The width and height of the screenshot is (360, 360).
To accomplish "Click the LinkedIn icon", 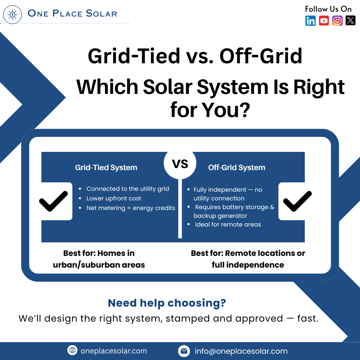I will click(310, 21).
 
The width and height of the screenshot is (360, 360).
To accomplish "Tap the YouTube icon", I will click(324, 21).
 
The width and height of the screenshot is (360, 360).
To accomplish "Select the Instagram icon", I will click(337, 21).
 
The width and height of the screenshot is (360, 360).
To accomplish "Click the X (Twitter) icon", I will click(350, 20).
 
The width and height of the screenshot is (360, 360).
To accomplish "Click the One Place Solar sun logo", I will click(13, 14).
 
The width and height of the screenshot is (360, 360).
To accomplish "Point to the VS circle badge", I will click(180, 163).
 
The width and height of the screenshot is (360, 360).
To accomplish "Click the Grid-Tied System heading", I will click(106, 167).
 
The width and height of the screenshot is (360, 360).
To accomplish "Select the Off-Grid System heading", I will click(237, 167).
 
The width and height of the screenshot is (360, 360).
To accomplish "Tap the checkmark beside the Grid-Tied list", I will click(53, 201).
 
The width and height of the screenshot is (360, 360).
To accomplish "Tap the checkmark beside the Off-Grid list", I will click(297, 201).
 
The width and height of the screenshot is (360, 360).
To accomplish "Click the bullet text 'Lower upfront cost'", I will click(114, 198).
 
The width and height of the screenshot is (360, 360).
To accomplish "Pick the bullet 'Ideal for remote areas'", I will click(228, 224).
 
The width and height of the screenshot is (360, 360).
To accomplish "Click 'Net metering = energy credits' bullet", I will click(131, 208).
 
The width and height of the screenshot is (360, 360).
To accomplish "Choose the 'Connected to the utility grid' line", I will click(128, 189).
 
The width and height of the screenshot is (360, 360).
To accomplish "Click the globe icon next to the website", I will click(72, 350).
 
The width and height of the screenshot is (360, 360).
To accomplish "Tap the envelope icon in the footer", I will click(184, 351).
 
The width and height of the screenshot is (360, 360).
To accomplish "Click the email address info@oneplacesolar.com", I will click(241, 351).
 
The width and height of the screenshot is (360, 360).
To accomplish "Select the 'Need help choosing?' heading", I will click(167, 303).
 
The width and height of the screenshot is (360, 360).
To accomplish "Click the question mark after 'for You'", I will click(245, 110).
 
